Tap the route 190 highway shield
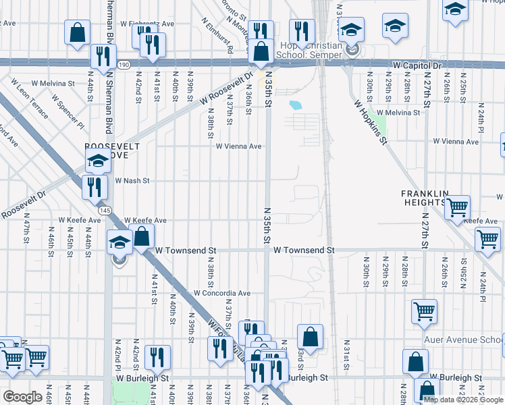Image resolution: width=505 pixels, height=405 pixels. (123, 65)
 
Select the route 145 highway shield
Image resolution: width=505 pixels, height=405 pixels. (104, 211)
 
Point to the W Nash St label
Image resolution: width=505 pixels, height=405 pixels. (132, 181)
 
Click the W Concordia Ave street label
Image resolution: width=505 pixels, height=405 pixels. (222, 294)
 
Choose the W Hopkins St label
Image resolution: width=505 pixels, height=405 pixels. (371, 122)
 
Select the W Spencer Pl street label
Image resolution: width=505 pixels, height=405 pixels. (70, 115)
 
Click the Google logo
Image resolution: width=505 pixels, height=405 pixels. (22, 397)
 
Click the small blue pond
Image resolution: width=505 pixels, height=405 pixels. (296, 105)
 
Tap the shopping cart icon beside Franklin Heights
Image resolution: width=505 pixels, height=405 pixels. (458, 206)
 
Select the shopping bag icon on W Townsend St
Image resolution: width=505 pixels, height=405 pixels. (142, 237)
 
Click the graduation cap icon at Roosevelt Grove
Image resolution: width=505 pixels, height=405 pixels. (98, 161)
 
